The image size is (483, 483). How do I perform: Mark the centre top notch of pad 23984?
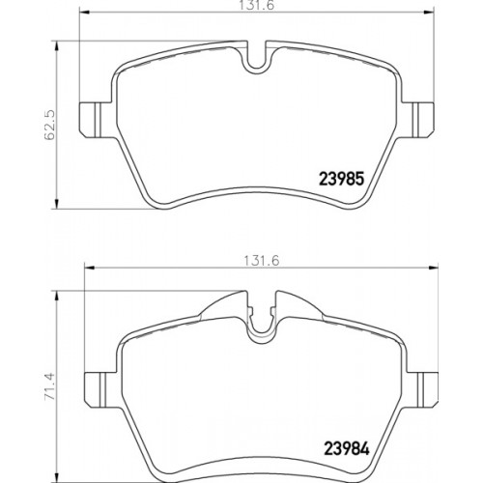coord(260,327)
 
